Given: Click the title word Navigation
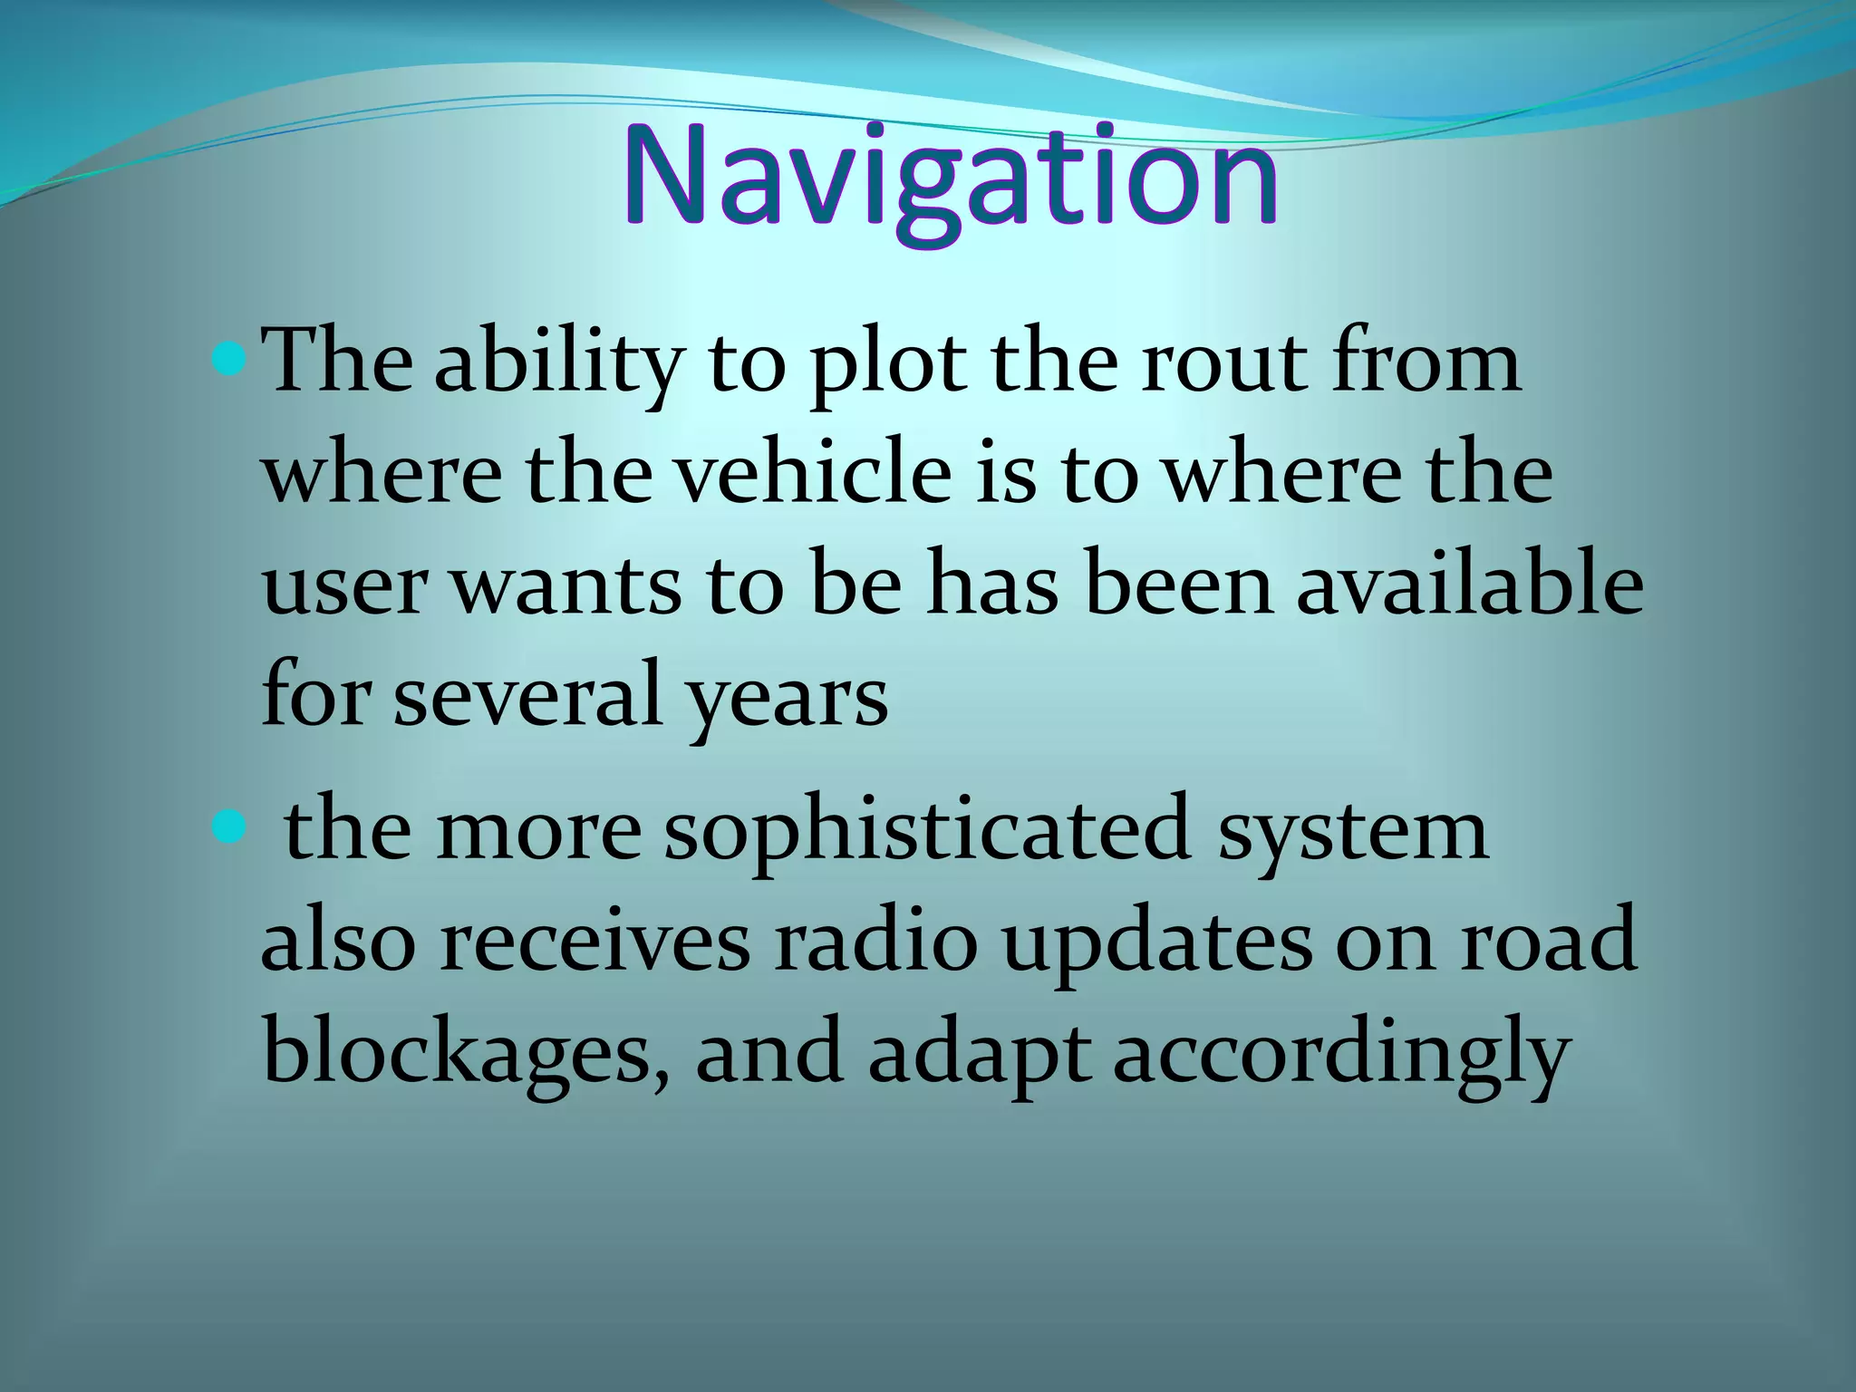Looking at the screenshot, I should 951,178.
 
